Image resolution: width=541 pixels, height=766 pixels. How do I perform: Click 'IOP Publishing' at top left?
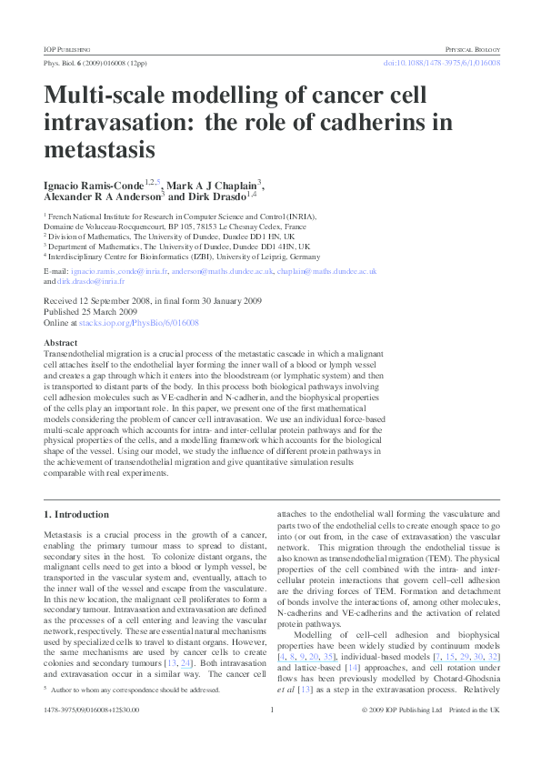[x=66, y=47]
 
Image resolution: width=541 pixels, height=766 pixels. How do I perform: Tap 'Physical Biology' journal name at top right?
[x=472, y=47]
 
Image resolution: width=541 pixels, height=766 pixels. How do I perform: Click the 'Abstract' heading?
[x=61, y=343]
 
